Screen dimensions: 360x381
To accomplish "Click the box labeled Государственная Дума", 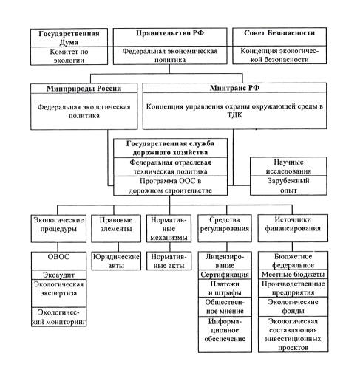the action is (69, 38).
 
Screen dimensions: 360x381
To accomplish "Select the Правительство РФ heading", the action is (170, 33).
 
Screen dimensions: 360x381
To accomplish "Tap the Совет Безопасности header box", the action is (279, 37).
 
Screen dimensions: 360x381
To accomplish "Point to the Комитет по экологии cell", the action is (69, 56).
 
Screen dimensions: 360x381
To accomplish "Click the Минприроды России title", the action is (84, 89).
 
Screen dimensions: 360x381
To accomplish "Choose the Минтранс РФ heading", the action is (234, 88).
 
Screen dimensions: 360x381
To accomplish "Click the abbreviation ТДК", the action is (235, 115).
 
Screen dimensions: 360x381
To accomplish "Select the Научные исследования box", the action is (288, 166).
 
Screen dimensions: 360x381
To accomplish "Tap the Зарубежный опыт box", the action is (288, 185).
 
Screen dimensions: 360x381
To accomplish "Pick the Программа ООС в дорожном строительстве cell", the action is (170, 186).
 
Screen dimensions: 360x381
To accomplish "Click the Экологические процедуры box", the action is (58, 228).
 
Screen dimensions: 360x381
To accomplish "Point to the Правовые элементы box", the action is (116, 228).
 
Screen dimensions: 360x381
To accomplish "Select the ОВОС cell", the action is (58, 261).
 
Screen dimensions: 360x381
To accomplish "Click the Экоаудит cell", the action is (58, 275).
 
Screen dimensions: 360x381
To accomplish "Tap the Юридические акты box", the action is (116, 261).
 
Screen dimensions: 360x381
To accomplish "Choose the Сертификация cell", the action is (225, 275).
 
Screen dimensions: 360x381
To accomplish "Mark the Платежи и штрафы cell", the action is (225, 288).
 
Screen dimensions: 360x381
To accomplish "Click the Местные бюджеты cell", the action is (293, 274).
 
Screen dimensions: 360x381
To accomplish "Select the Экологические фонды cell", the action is (293, 306).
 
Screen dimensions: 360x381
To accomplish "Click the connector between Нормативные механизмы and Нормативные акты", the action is (170, 247).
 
